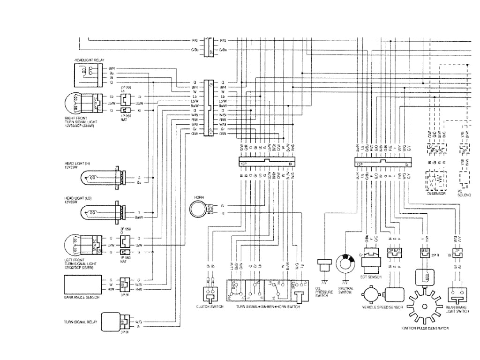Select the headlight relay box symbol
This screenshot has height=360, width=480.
pos(88,75)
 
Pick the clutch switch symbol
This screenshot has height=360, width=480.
pos(210,293)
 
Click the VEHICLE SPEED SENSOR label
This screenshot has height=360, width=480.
pos(382,307)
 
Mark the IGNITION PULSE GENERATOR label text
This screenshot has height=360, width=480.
pos(425,329)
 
